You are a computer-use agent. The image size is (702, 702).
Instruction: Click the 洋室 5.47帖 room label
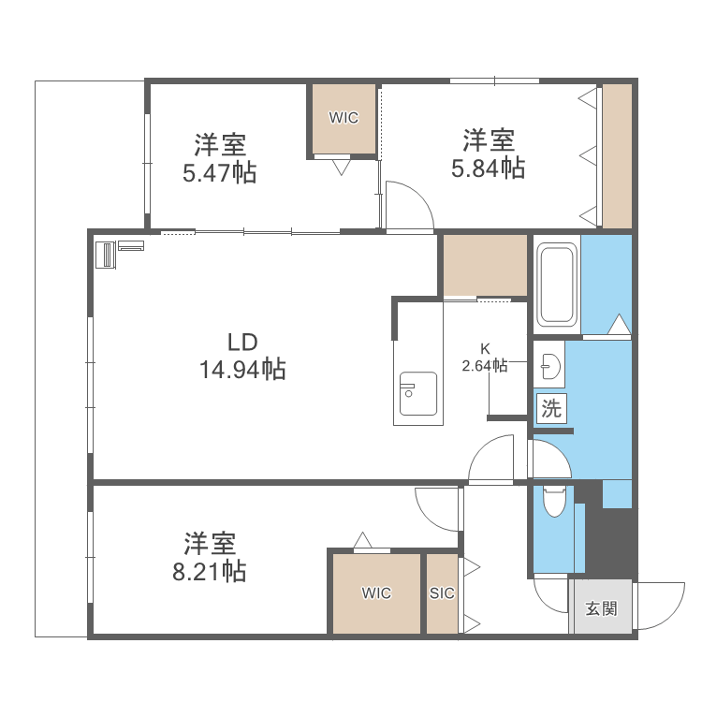(220, 158)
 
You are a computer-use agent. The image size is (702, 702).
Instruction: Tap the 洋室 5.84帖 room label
(488, 154)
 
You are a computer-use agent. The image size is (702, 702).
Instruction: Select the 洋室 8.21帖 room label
(210, 557)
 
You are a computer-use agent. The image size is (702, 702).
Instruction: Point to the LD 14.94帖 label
(241, 357)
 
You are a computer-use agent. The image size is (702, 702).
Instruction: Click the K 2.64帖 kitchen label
(485, 358)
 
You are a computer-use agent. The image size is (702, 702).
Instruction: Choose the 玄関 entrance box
(601, 608)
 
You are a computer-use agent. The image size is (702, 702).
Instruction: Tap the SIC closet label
(442, 593)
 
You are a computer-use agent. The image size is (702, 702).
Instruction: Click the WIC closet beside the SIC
(375, 593)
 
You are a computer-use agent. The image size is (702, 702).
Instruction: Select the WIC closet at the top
(344, 119)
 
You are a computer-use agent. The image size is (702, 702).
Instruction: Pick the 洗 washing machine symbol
(552, 408)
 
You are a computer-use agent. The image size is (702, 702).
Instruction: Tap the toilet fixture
(553, 501)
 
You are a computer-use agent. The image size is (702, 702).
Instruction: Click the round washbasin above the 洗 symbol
(549, 367)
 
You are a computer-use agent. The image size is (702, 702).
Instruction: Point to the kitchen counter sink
(417, 393)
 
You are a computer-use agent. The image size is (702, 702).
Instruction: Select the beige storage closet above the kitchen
(484, 265)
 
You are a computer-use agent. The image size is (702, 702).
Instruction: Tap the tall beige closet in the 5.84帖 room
(617, 155)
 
